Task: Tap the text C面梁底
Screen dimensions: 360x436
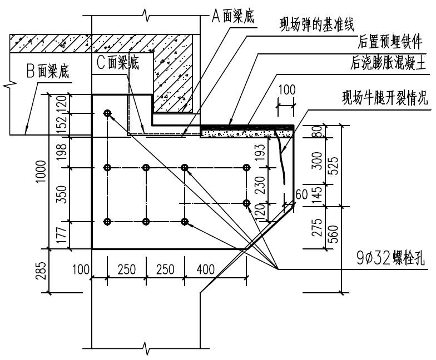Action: click(x=117, y=63)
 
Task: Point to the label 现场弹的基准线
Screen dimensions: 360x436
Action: click(x=318, y=24)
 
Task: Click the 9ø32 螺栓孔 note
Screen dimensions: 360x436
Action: click(x=384, y=258)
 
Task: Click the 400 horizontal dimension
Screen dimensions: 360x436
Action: click(x=205, y=269)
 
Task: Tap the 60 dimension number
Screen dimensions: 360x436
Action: click(x=301, y=194)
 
